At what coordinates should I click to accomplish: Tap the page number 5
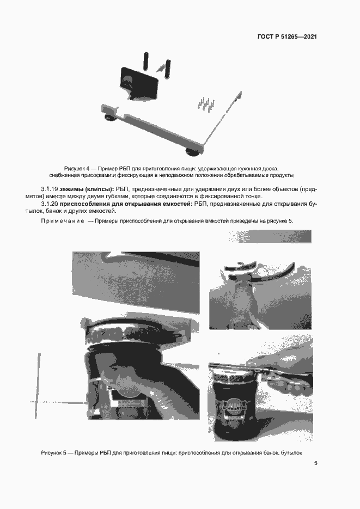coord(315,463)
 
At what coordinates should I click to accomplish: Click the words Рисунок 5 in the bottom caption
coord(54,453)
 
